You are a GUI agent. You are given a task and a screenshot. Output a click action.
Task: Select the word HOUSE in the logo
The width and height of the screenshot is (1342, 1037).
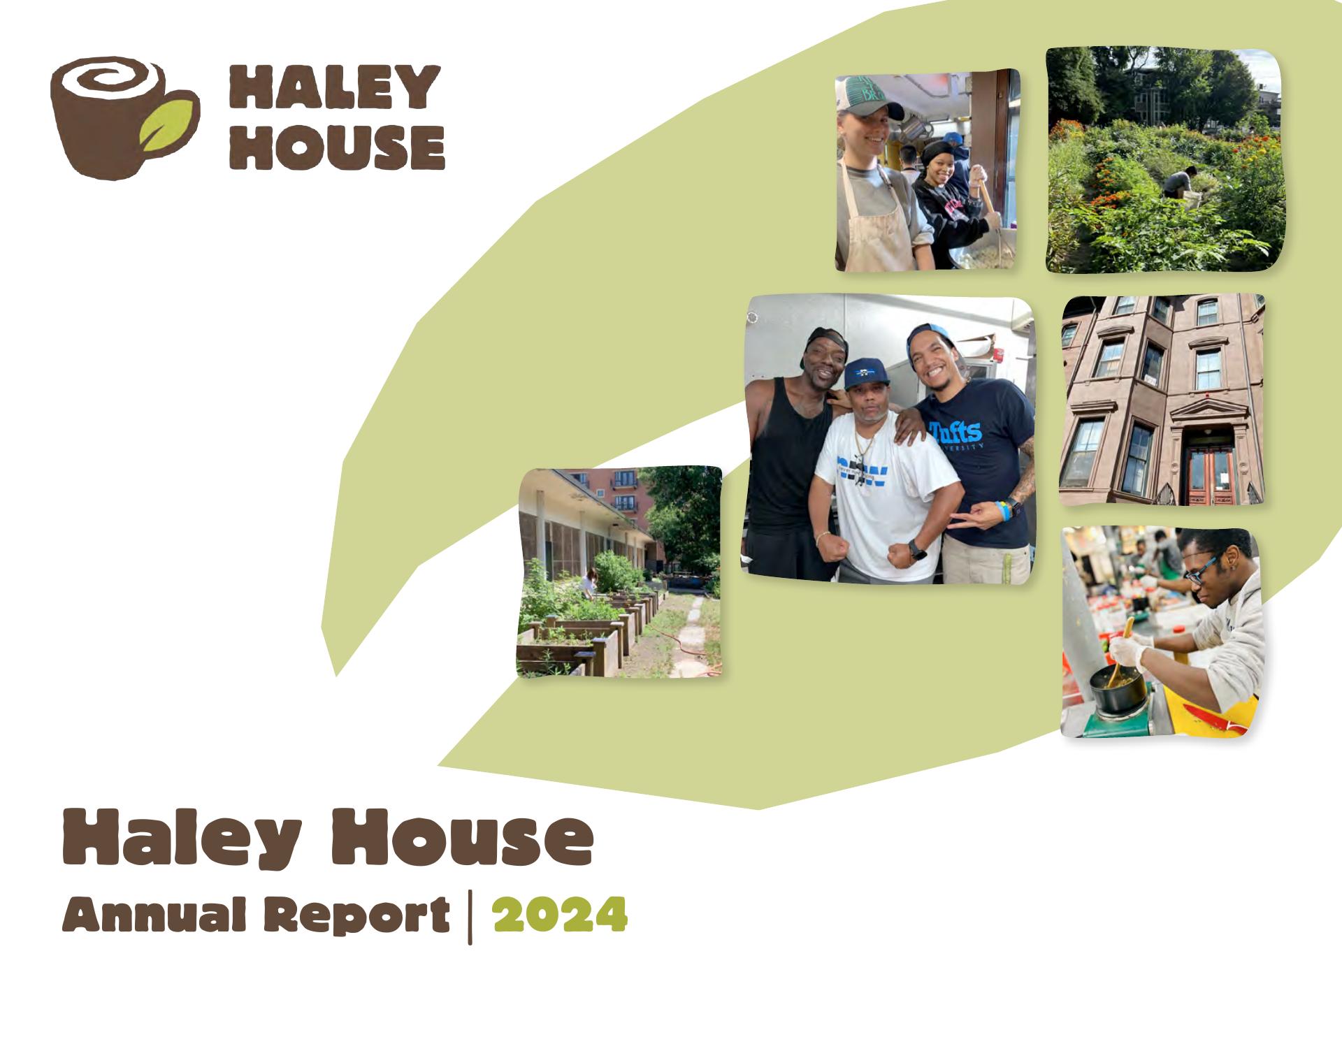point(338,147)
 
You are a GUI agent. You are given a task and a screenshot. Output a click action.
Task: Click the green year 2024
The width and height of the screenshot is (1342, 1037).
point(560,916)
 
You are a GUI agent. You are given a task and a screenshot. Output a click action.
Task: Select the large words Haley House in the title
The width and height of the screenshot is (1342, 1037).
point(329,838)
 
